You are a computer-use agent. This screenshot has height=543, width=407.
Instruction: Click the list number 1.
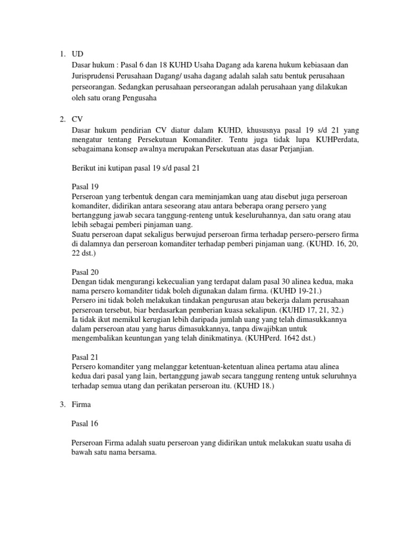61,54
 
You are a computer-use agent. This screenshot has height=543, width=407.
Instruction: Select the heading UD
77,54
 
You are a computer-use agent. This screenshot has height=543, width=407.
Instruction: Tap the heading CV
77,120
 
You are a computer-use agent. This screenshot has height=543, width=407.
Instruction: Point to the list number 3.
61,404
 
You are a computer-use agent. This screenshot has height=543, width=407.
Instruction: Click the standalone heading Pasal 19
85,186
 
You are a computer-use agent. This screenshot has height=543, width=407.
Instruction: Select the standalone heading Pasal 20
85,271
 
